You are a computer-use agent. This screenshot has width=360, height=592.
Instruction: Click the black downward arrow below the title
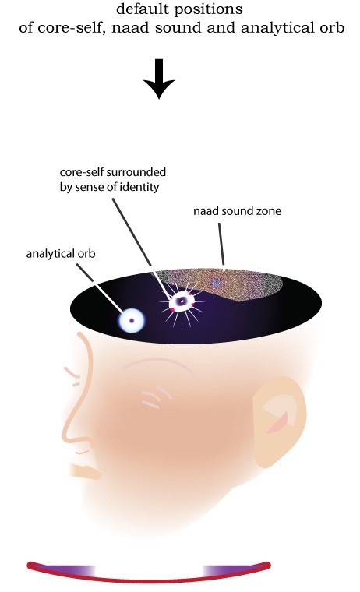tap(159, 79)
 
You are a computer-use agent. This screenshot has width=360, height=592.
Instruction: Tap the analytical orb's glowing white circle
tap(132, 321)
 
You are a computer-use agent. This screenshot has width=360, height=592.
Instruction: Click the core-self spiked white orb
tap(182, 301)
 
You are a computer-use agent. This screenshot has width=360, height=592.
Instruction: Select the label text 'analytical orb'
tap(61, 253)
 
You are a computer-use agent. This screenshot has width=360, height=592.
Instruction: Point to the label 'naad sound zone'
tap(237, 210)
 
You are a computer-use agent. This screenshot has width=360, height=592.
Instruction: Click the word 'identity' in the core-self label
tap(142, 187)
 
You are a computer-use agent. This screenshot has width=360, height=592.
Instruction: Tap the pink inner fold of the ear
tap(278, 422)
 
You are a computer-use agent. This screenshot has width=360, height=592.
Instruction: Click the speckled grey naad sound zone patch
tap(223, 284)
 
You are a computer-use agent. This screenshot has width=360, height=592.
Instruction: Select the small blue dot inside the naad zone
tap(215, 283)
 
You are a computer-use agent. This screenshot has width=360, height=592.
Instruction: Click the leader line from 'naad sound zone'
tap(221, 244)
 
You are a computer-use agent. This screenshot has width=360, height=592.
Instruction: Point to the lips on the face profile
tap(86, 472)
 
